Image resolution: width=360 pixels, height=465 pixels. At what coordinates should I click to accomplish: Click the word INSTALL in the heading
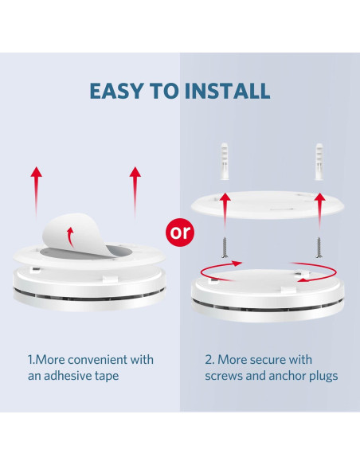227,91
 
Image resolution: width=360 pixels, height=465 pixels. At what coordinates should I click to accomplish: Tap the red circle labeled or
180,232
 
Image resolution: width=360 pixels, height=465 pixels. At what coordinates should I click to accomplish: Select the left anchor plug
225,162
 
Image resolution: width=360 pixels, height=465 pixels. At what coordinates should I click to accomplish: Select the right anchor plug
319,162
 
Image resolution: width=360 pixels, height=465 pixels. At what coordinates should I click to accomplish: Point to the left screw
225,247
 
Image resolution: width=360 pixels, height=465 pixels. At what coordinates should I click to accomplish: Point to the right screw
319,247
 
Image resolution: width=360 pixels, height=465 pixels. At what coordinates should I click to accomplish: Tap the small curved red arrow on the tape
70,237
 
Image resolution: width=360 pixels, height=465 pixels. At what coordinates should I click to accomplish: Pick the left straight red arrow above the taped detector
36,192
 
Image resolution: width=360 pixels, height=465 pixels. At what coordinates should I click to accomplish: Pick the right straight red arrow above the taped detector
135,192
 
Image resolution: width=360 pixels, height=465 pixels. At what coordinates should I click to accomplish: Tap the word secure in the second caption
268,360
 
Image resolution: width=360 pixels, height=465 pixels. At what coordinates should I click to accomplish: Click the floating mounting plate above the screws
268,205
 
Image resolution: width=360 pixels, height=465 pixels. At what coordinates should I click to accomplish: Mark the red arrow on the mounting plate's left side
225,211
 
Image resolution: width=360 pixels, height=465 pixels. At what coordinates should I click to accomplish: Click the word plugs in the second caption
323,377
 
